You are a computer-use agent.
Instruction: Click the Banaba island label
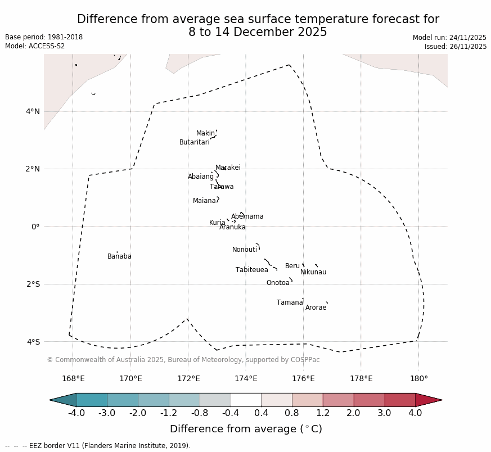click(119, 256)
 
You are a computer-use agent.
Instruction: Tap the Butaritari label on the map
click(194, 142)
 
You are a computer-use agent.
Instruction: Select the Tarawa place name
click(222, 187)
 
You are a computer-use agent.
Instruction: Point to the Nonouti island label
click(245, 250)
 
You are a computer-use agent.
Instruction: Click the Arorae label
click(316, 308)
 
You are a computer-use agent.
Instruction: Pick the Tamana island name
click(290, 302)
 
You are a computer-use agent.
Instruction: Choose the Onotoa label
click(278, 283)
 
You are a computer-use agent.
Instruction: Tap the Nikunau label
click(313, 272)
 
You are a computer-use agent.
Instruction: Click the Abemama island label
click(247, 216)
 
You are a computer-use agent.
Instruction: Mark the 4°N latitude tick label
click(33, 111)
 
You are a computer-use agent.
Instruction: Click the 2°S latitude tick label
click(33, 284)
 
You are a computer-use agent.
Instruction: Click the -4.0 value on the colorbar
click(76, 413)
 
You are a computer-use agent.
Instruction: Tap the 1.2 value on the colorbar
click(323, 413)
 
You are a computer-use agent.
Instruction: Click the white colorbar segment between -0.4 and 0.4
click(246, 400)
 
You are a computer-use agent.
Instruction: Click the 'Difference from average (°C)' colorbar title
click(246, 429)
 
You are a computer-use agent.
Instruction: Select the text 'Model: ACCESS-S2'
click(35, 46)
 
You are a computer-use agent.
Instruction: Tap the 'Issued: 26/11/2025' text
click(456, 47)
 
